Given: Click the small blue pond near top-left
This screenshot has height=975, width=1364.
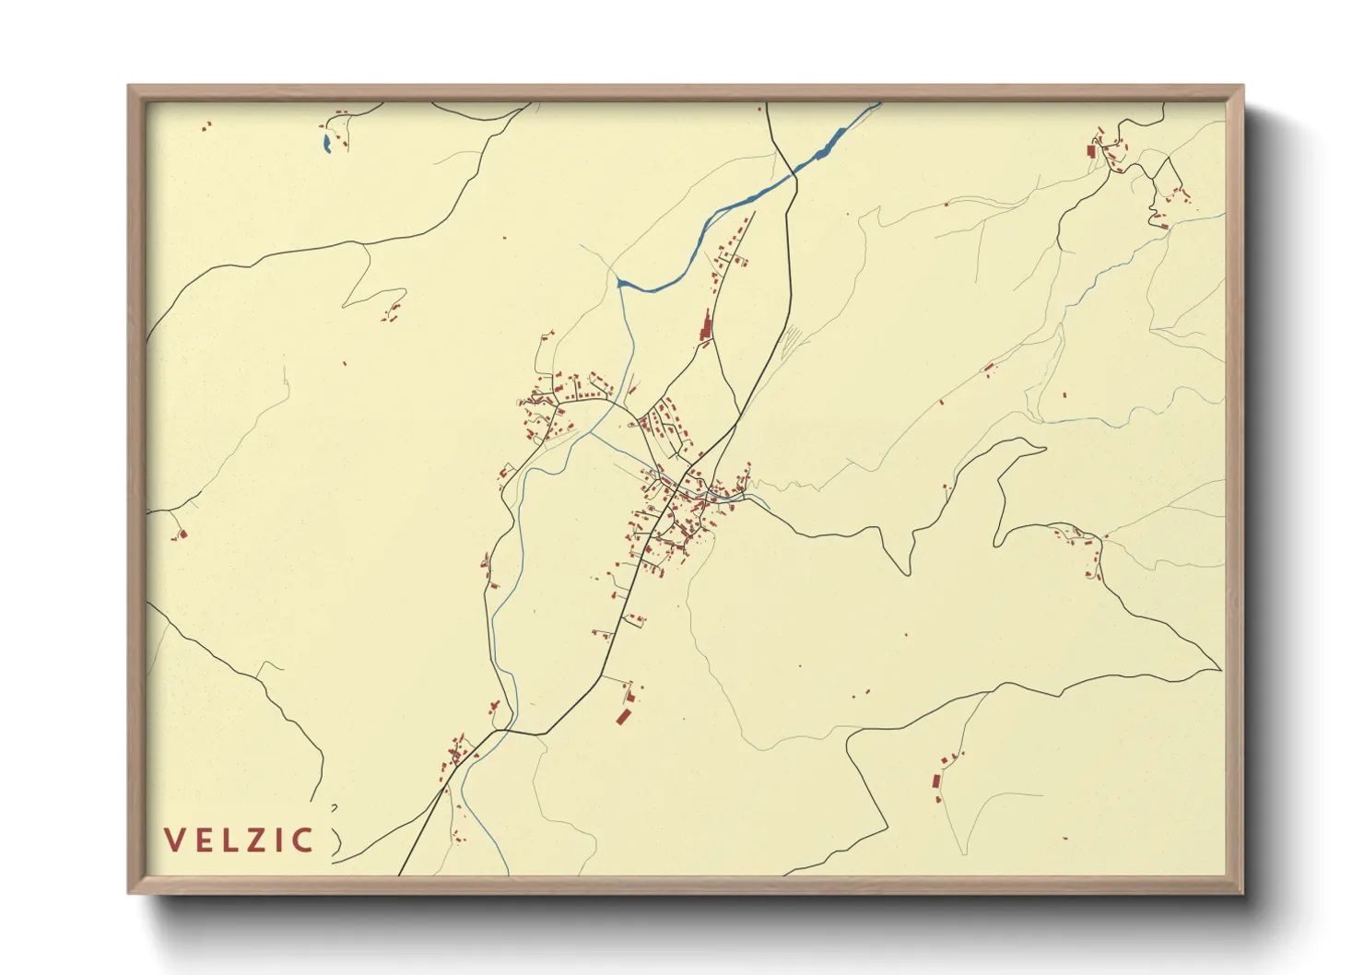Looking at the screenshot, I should (327, 143).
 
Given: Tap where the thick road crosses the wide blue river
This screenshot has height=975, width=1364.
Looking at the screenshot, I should (794, 173).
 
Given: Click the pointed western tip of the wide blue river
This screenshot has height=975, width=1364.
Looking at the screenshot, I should (619, 280).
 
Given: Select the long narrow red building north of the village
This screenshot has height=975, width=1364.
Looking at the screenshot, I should (707, 325).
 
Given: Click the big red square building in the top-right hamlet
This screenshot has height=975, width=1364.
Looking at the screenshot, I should (1091, 150).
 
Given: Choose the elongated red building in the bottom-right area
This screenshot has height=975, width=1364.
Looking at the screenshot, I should (936, 781).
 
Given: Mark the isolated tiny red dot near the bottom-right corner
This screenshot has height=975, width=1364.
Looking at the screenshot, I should (1064, 838).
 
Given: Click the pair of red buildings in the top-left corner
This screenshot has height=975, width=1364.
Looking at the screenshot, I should (206, 125).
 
